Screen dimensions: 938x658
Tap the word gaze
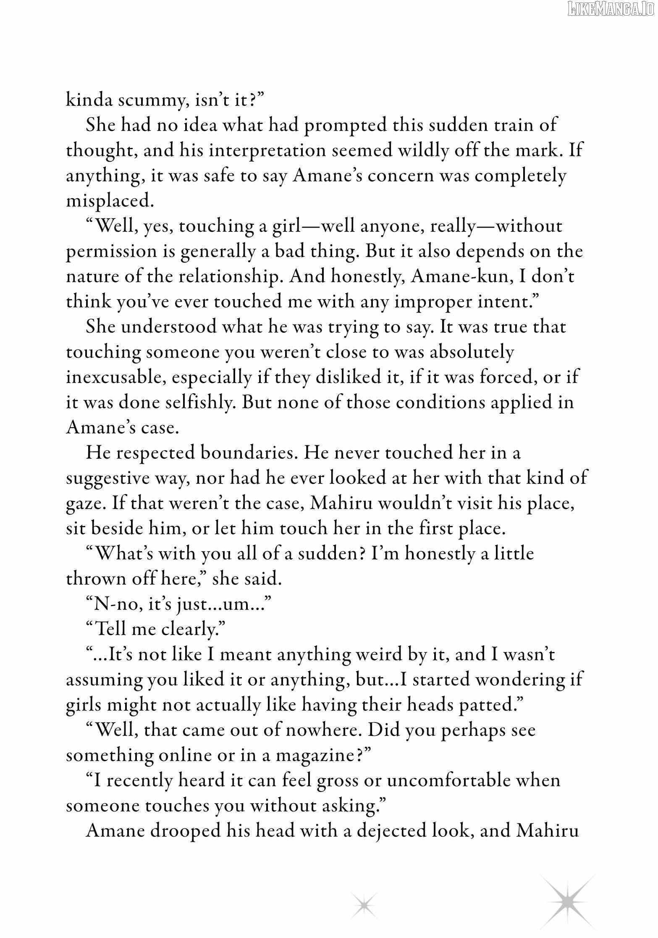tap(84, 503)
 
